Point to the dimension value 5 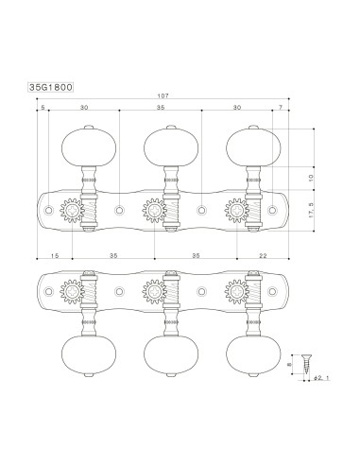coord(44,110)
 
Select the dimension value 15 coord(55,256)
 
